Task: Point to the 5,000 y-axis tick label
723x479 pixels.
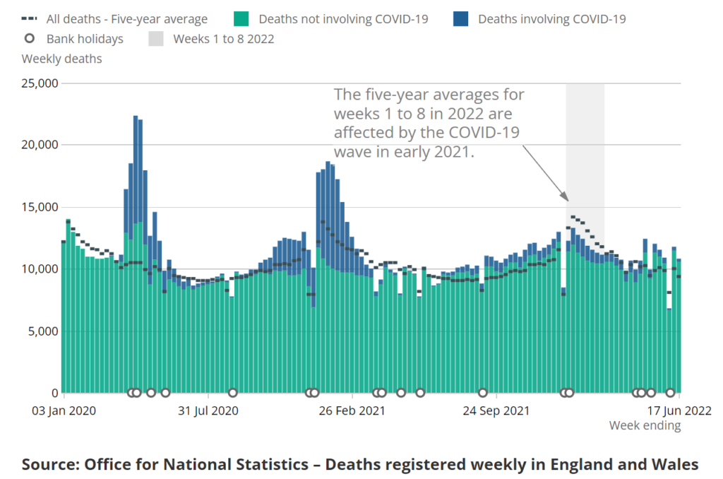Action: (x=42, y=331)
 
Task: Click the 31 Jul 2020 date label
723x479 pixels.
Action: (x=208, y=410)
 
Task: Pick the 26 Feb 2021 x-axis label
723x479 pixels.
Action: (x=352, y=410)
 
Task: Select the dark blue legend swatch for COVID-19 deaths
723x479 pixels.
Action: (x=462, y=18)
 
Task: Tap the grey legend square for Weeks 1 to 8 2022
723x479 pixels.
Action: (x=157, y=39)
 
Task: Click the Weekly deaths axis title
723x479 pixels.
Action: (x=61, y=59)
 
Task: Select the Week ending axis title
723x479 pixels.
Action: (x=645, y=425)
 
